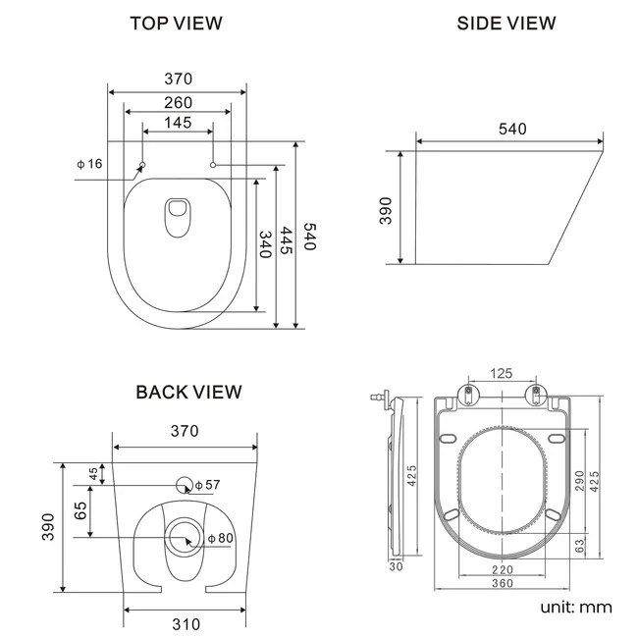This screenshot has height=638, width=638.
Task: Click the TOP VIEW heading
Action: (x=177, y=23)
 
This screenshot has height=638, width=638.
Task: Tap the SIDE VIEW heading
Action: (x=506, y=23)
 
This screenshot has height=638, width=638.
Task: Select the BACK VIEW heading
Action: (x=188, y=393)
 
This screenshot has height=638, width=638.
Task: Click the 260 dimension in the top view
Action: (x=178, y=102)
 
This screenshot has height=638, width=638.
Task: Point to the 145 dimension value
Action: (x=178, y=124)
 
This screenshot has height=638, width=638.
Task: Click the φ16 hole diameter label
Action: (x=89, y=164)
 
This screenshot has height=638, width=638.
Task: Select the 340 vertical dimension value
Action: (x=264, y=243)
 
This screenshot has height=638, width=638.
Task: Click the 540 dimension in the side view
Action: (x=511, y=129)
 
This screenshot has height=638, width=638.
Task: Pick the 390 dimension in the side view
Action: (x=386, y=209)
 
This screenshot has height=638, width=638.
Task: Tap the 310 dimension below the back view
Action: (x=186, y=623)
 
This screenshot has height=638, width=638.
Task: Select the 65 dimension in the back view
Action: (x=81, y=510)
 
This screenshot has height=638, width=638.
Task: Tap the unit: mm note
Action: (x=576, y=607)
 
